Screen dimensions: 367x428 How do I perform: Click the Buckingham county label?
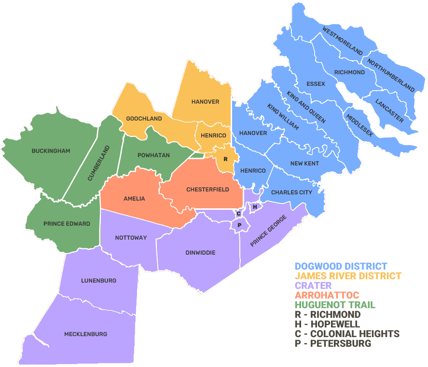coord(51,151)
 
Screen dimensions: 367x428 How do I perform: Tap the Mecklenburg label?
coord(85,334)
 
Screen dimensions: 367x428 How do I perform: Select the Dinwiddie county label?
coord(200,253)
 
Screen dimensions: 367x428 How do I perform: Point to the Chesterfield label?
coord(207,190)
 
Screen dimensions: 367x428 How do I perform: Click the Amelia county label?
coord(134,199)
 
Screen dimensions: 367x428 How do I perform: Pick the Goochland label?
coord(144,119)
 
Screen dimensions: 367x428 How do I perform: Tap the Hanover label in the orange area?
coord(205,102)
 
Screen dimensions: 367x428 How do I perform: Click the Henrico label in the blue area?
coord(253,171)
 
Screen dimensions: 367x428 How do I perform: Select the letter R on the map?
coord(225,159)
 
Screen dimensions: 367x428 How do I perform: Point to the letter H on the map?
coord(255,206)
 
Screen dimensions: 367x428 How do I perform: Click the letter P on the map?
coord(239,225)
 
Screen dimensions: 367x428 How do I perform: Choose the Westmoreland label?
coord(343,41)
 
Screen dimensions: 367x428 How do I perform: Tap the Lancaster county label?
coord(389,110)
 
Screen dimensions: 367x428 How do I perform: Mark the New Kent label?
coord(304,163)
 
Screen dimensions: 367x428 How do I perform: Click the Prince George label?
coord(268,231)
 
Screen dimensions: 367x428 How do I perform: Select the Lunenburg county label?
coord(98,281)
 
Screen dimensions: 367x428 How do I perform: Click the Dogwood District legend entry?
coord(341,266)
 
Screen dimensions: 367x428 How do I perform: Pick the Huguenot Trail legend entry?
coord(335,305)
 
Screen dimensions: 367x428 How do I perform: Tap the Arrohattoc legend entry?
coord(327,295)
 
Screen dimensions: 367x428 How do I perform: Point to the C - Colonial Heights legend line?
coord(347,334)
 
